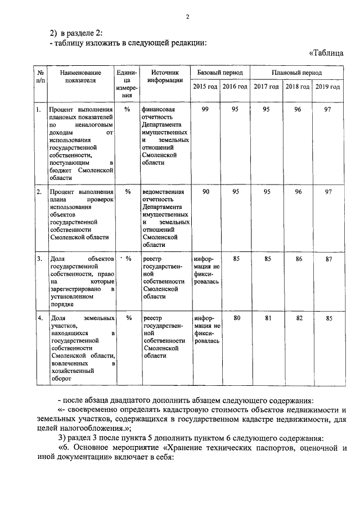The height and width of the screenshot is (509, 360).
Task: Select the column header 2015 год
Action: tap(204, 86)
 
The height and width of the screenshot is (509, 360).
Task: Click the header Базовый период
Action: tap(219, 73)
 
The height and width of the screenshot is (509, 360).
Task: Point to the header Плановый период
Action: tap(296, 73)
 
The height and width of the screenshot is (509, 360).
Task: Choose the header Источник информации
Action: tap(165, 76)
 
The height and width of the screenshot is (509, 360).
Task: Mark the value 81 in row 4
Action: tap(267, 319)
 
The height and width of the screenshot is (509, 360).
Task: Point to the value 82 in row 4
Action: tap(297, 319)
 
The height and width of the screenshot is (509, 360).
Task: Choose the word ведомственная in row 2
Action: tap(164, 192)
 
